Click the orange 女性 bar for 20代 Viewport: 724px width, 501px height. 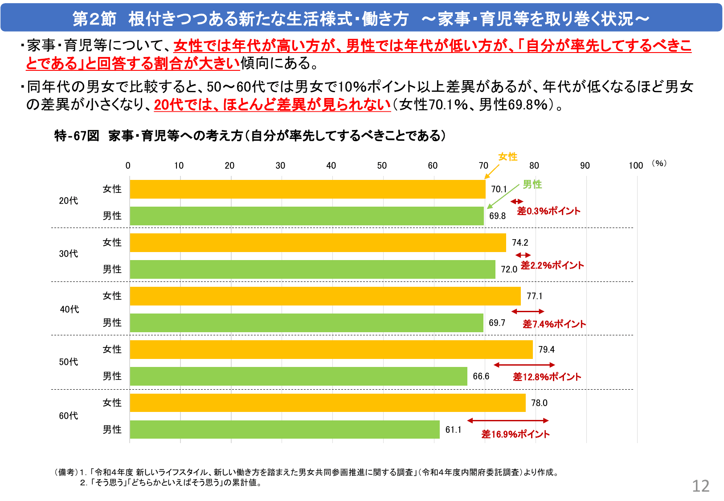[307, 189]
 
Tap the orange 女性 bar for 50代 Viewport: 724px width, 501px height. [331, 350]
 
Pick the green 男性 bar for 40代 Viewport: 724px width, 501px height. [307, 323]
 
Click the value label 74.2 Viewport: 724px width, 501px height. [520, 243]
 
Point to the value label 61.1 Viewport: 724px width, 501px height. [453, 430]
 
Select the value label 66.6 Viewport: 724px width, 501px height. [481, 376]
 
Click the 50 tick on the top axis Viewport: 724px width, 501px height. [382, 166]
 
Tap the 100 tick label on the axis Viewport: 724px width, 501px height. [636, 166]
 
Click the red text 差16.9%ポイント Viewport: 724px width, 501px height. [515, 434]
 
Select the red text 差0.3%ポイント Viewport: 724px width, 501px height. [548, 211]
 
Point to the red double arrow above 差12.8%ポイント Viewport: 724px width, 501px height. [524, 365]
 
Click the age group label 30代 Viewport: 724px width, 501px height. [69, 254]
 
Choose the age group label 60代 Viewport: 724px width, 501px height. [69, 416]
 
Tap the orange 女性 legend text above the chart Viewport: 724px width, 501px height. [507, 157]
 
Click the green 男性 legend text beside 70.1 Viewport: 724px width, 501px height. [532, 184]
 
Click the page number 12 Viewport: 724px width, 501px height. [700, 486]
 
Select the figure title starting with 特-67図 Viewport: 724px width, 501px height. [250, 136]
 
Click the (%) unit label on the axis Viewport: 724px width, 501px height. [659, 163]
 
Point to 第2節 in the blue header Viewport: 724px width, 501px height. [94, 19]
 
